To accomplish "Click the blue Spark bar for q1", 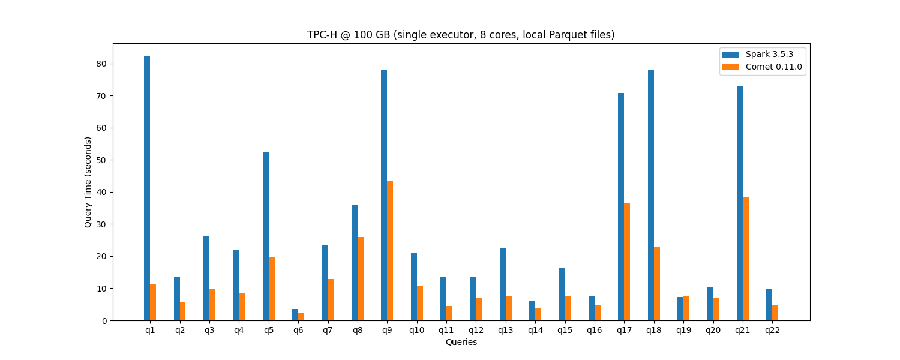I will [147, 188].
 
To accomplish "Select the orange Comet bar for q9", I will [390, 251].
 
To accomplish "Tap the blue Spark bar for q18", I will [651, 196].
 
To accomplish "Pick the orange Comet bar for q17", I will [627, 262].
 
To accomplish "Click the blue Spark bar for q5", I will [266, 236].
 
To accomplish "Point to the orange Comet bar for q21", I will [746, 259].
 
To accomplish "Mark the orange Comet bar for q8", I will [361, 279].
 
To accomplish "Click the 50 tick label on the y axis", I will [102, 160].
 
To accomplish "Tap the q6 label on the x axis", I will [298, 331].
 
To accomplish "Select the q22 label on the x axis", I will [772, 331].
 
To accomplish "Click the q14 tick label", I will [535, 331].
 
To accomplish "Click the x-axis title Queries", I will [461, 342].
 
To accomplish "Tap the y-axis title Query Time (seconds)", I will [88, 182].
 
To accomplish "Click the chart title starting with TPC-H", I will [461, 35].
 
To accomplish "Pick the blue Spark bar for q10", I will [414, 287].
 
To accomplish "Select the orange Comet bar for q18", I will [657, 284].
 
